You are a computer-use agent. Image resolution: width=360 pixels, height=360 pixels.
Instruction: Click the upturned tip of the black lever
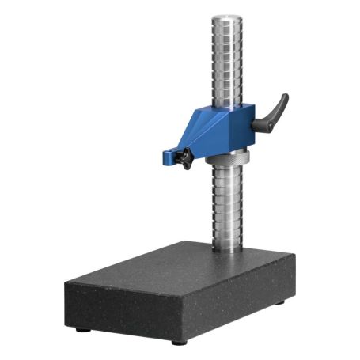coord(284,97)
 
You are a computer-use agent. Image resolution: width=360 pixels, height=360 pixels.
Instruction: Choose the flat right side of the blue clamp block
coord(241,127)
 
